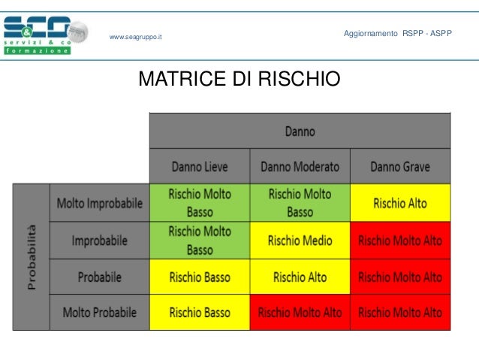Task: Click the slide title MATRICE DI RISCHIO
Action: pos(239,79)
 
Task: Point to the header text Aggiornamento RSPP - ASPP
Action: pos(397,35)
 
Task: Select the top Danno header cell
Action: pos(300,132)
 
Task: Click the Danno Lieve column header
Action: pos(200,166)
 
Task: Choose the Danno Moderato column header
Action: pos(300,166)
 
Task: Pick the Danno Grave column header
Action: pos(400,166)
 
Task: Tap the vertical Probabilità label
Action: pos(32,257)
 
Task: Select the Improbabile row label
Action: pos(100,241)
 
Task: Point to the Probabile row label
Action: pos(100,277)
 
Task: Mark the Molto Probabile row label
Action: pos(100,312)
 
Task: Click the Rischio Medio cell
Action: pos(300,241)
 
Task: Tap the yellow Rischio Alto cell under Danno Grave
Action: pos(400,203)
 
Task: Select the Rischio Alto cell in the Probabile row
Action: pos(300,277)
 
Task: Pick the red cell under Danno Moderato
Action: pos(300,312)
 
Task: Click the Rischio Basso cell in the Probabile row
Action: pos(200,277)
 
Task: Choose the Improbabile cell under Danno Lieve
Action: pos(200,241)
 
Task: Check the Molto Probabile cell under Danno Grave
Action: pos(400,312)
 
